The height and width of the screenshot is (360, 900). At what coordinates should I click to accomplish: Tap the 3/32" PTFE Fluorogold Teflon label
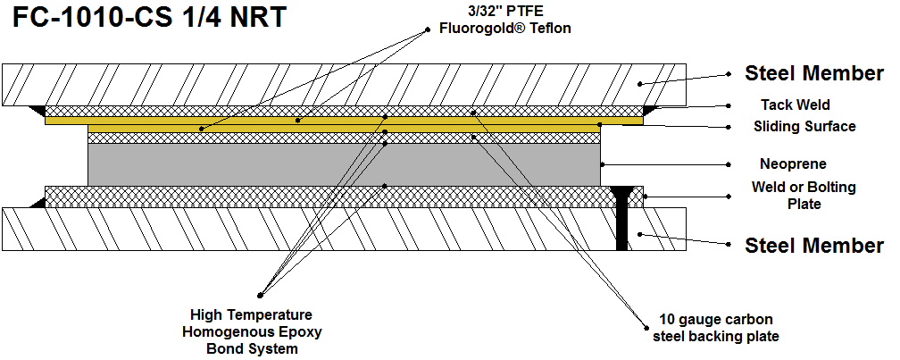504,21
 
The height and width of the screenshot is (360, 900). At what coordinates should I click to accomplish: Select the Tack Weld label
796,105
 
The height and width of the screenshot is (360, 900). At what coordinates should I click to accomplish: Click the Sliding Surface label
804,127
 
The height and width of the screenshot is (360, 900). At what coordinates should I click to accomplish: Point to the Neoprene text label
793,164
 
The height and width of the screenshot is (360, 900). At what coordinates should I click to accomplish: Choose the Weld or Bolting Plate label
804,196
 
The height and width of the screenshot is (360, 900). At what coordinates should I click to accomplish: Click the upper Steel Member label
814,74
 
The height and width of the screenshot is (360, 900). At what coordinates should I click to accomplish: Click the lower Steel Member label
814,245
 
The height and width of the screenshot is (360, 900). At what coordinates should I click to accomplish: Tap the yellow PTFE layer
344,120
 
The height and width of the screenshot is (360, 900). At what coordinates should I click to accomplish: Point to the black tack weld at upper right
651,110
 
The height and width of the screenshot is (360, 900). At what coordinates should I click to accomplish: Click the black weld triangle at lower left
37,203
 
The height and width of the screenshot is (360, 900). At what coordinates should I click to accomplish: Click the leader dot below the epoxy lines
261,294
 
